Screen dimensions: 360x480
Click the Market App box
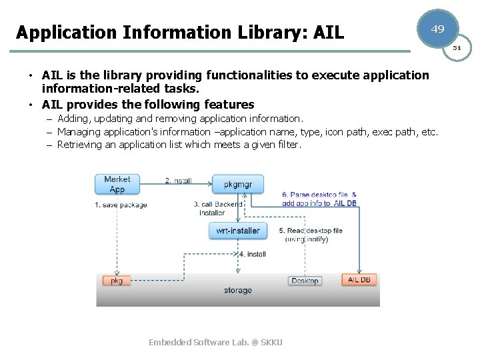pyautogui.click(x=117, y=184)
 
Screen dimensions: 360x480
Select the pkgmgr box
pyautogui.click(x=238, y=184)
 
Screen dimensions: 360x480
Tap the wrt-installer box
pyautogui.click(x=238, y=231)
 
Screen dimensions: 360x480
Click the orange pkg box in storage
pyautogui.click(x=117, y=281)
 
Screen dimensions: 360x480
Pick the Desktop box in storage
pyautogui.click(x=305, y=281)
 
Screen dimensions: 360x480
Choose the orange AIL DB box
pyautogui.click(x=359, y=279)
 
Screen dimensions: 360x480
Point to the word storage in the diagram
pyautogui.click(x=238, y=291)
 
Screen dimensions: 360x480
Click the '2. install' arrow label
pyautogui.click(x=179, y=181)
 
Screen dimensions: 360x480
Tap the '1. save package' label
pyautogui.click(x=121, y=205)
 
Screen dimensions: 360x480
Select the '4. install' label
pyautogui.click(x=253, y=254)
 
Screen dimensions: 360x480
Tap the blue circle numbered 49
pyautogui.click(x=438, y=30)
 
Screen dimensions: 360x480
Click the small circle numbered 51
pyautogui.click(x=457, y=48)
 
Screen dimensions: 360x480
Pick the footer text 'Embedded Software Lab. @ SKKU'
pyautogui.click(x=215, y=342)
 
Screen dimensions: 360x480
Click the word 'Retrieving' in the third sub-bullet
pyautogui.click(x=79, y=144)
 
